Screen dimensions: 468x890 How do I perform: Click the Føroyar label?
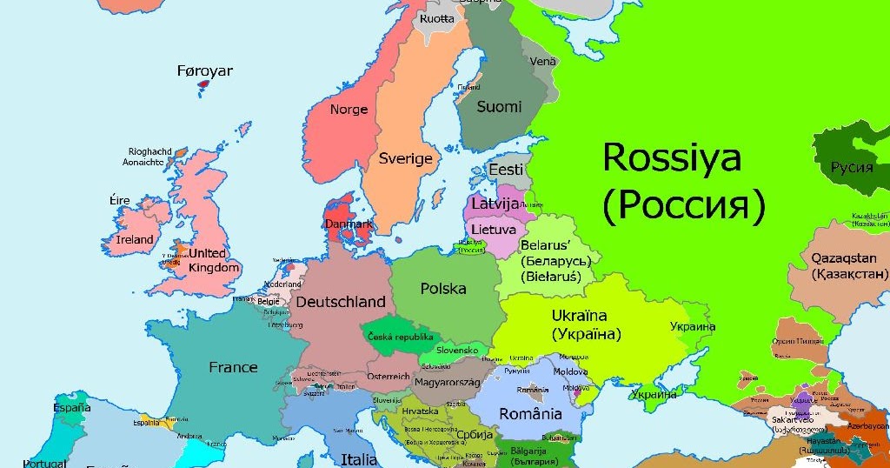tap(204, 71)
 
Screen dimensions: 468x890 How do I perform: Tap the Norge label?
tap(349, 110)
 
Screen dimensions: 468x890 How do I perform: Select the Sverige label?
tap(405, 158)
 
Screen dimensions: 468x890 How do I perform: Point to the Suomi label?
tap(499, 107)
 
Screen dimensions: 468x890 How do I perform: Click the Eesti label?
tap(506, 170)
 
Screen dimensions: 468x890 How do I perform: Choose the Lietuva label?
tap(493, 230)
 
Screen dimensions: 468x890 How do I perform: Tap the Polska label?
tap(443, 288)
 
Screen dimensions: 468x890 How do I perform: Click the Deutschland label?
tap(341, 302)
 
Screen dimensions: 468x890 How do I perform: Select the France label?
tap(233, 367)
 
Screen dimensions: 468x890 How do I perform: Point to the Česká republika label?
tap(401, 337)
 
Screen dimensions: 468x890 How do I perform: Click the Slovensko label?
tap(457, 350)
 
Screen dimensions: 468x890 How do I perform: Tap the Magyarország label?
tap(448, 382)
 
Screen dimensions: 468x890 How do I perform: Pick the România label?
tap(530, 413)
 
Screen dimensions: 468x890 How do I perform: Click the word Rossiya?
tap(672, 157)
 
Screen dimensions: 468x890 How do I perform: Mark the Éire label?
tap(119, 200)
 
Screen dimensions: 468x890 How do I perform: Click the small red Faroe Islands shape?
tap(205, 86)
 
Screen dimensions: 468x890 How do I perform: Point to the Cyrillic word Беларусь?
tap(555, 261)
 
